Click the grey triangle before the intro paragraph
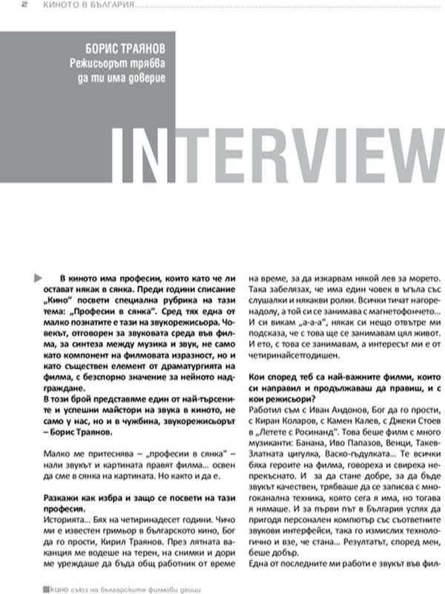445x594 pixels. pos(38,277)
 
